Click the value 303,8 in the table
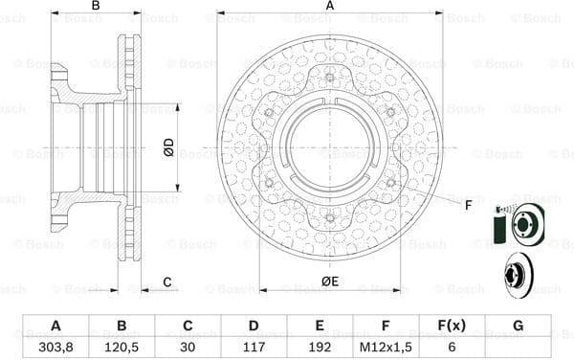(x=56, y=347)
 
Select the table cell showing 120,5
(x=122, y=347)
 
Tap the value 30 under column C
(x=188, y=347)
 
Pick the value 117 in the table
(x=254, y=347)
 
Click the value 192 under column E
(x=320, y=347)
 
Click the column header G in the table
(x=518, y=326)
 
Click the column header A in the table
(x=56, y=326)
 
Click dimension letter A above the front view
(x=329, y=7)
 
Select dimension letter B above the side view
(x=95, y=7)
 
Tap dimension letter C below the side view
(x=166, y=281)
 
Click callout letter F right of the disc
(x=468, y=206)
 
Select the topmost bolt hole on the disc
(x=329, y=79)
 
